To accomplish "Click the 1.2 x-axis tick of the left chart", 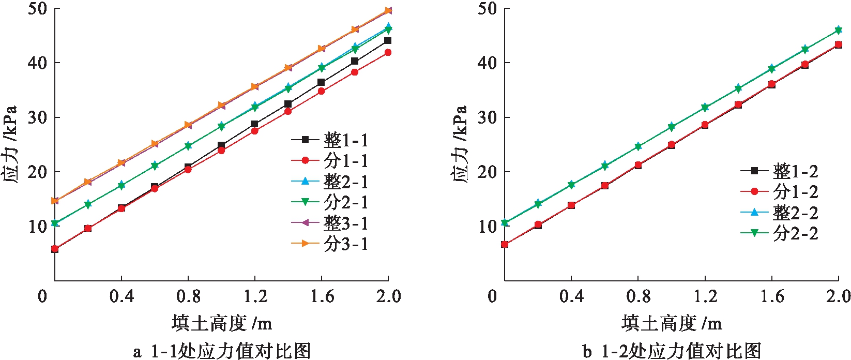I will (255, 296).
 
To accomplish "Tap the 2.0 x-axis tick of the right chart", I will (838, 296).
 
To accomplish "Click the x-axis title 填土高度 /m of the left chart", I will (221, 324).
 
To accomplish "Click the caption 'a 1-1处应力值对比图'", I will (222, 351).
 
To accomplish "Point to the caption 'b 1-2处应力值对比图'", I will (672, 351).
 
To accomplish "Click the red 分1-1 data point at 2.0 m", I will (388, 52).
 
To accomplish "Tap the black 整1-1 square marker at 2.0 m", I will (388, 40).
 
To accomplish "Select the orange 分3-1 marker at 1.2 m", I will (254, 86).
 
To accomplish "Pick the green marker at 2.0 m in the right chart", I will (838, 30).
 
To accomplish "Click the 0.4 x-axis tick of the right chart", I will (571, 296).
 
